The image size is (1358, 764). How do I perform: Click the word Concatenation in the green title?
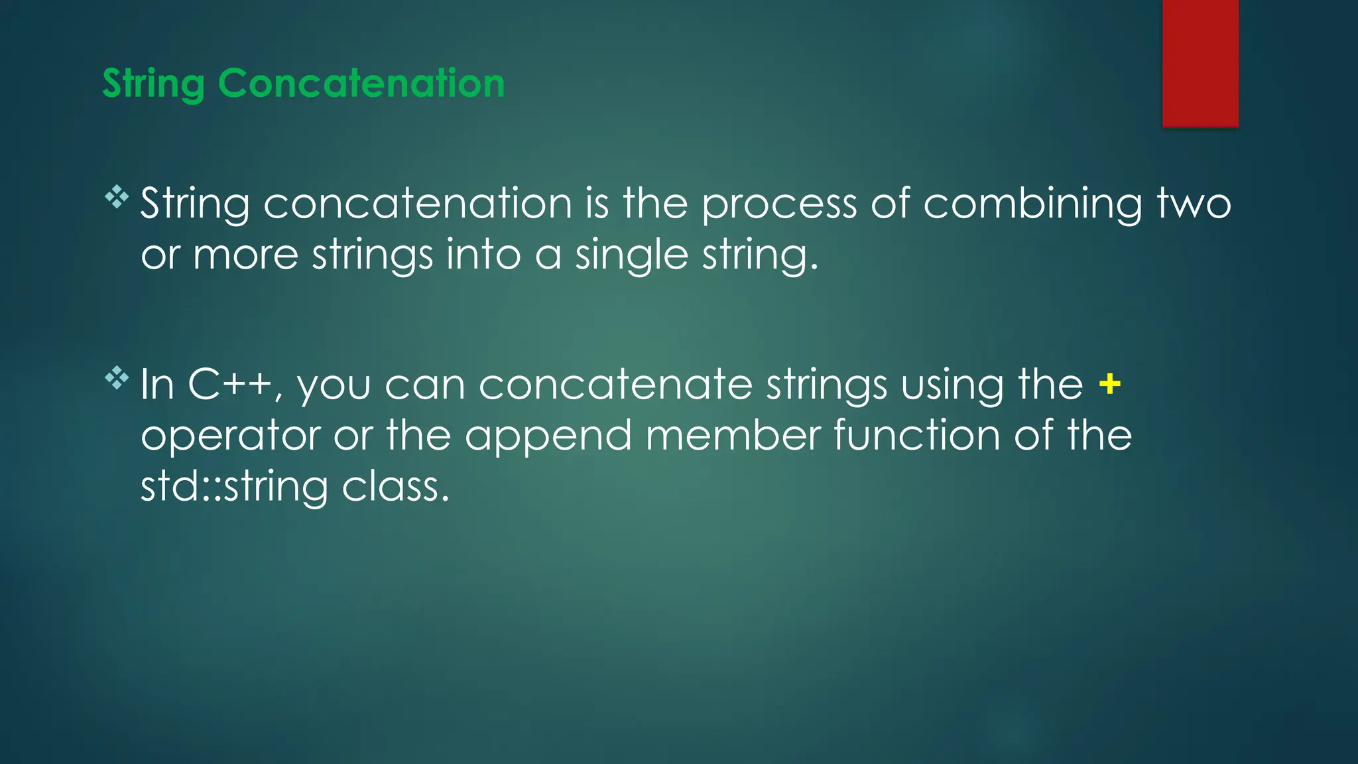(x=361, y=84)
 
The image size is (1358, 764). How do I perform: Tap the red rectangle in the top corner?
(x=1200, y=63)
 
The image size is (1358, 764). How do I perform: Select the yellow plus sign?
(x=1109, y=384)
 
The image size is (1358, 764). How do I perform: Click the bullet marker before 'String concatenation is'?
(x=117, y=197)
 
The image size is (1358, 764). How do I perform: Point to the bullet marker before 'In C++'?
(x=117, y=378)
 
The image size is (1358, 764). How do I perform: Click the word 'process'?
(x=779, y=204)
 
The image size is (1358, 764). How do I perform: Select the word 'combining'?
(x=1032, y=204)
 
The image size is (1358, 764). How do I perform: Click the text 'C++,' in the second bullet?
(x=235, y=385)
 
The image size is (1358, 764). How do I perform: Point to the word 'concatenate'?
(x=615, y=385)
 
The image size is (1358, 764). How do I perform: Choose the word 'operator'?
(x=231, y=436)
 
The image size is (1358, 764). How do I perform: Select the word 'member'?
(x=733, y=436)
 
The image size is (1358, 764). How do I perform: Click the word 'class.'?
(x=395, y=487)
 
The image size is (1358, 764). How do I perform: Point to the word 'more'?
(x=245, y=255)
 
